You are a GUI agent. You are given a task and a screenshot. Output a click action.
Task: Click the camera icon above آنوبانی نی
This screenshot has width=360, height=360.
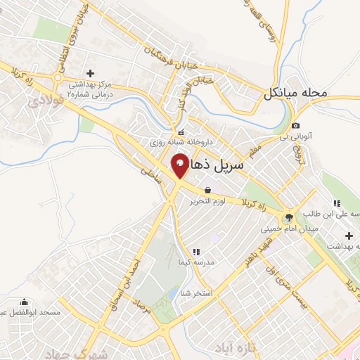[295, 126]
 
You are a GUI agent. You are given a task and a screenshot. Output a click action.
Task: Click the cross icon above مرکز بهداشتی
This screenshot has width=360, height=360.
[90, 72]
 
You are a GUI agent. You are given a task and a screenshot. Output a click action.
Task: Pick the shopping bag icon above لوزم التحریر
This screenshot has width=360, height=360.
[207, 190]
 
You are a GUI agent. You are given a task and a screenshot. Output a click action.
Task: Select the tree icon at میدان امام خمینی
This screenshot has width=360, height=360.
[289, 217]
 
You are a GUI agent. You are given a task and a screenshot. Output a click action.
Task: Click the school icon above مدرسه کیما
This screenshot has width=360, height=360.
[196, 251]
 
